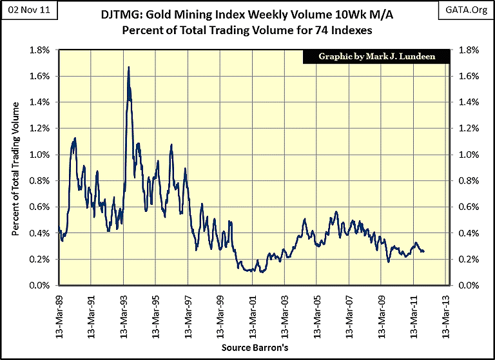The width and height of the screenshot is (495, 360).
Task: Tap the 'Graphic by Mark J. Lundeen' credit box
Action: click(377, 56)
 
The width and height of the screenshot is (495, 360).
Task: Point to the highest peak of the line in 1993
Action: click(129, 67)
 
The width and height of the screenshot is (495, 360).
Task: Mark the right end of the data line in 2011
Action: click(424, 251)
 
